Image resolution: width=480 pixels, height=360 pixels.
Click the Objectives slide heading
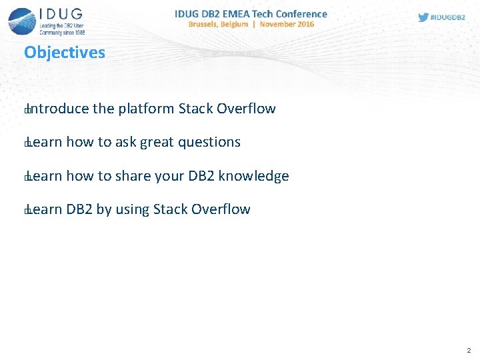click(x=65, y=53)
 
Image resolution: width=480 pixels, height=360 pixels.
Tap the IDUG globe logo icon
click(x=22, y=21)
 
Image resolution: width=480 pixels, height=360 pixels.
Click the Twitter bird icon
click(x=423, y=17)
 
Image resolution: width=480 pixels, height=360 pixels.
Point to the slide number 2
click(x=469, y=350)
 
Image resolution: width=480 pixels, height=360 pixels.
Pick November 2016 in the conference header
click(x=287, y=24)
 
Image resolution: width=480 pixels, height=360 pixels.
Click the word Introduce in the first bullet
click(x=59, y=109)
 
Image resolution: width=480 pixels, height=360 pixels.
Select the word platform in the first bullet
click(x=147, y=109)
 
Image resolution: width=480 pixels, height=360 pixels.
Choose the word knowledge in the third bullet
click(x=254, y=176)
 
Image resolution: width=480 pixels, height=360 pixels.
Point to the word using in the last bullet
click(x=132, y=209)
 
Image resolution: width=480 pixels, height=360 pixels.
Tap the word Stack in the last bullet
click(x=171, y=209)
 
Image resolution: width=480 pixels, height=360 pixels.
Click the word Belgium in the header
click(x=239, y=24)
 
